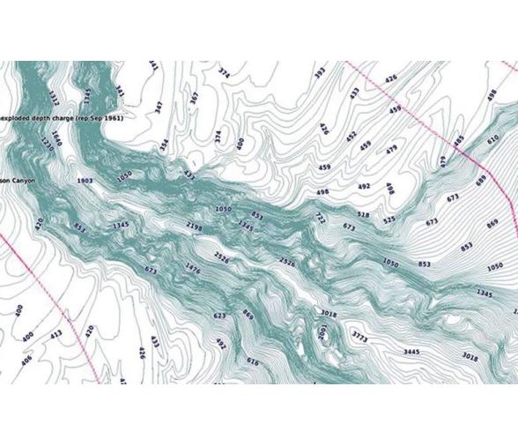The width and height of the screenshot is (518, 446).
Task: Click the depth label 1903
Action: (x=85, y=180)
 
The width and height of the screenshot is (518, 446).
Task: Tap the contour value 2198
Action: (x=195, y=227)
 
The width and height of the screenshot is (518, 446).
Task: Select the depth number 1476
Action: (x=192, y=267)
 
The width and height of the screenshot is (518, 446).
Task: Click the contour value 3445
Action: (x=411, y=352)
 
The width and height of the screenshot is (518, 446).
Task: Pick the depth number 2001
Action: (x=322, y=333)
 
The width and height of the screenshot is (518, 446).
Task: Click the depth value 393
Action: (x=319, y=72)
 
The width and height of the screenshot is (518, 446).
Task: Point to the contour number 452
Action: (x=351, y=137)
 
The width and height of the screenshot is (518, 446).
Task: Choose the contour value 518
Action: (x=362, y=214)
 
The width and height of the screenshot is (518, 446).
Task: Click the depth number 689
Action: (x=480, y=181)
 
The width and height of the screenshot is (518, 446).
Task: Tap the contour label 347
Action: (x=159, y=108)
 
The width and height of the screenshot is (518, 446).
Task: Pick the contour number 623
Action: (x=219, y=315)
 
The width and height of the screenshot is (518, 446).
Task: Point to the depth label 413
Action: (x=56, y=335)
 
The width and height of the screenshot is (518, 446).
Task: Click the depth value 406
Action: (x=26, y=359)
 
